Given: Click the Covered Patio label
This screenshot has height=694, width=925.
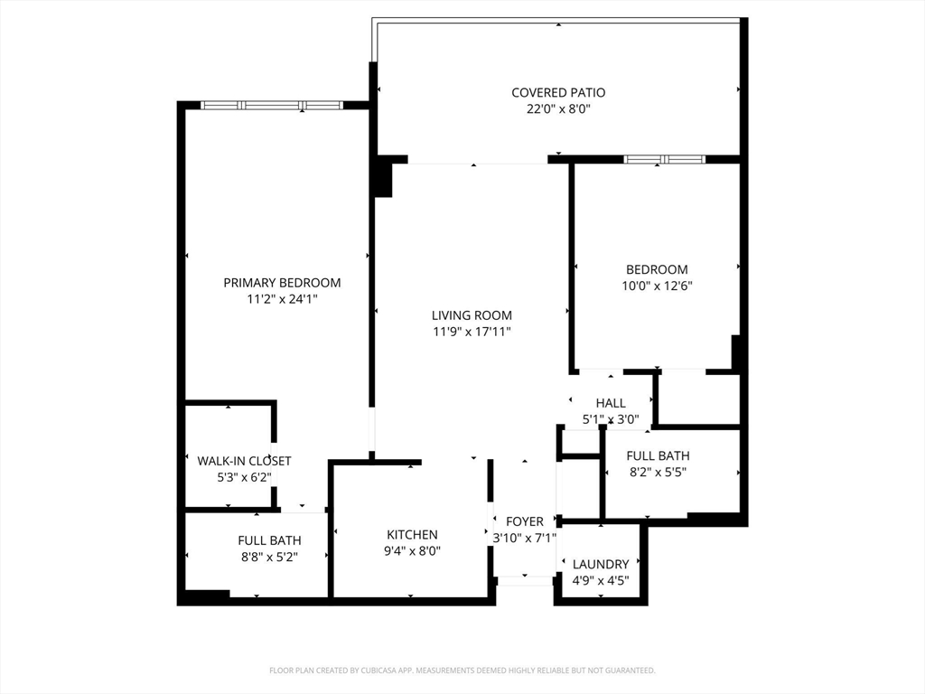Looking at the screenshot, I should click(557, 92).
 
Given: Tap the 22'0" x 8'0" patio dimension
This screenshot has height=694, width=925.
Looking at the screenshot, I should click(557, 109).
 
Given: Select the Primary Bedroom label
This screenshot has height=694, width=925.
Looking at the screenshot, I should click(282, 283).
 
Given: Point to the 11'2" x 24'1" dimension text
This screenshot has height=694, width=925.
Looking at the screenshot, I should click(282, 299).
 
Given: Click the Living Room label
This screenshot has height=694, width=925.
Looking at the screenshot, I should click(472, 315).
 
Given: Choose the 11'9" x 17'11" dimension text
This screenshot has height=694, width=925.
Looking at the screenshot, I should click(472, 332).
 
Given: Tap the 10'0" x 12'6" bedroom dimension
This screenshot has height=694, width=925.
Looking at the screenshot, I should click(657, 286).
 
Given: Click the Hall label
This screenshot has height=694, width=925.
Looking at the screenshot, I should click(611, 403).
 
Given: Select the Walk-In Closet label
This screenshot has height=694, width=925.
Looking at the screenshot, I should click(244, 461).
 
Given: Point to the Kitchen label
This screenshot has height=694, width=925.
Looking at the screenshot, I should click(412, 535).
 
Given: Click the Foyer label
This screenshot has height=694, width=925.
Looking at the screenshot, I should click(525, 521).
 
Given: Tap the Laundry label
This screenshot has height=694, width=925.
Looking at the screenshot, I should click(601, 564).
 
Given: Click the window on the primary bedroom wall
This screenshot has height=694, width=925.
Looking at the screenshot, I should click(271, 106).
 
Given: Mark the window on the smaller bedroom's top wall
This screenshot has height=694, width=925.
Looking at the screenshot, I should click(664, 160).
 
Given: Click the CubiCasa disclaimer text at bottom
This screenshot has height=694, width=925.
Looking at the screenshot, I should click(462, 671).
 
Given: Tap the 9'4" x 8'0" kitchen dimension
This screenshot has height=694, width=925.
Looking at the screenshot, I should click(412, 551).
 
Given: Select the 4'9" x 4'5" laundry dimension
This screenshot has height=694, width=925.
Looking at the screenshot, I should click(601, 580).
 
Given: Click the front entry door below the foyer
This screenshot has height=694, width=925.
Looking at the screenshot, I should click(525, 579).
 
